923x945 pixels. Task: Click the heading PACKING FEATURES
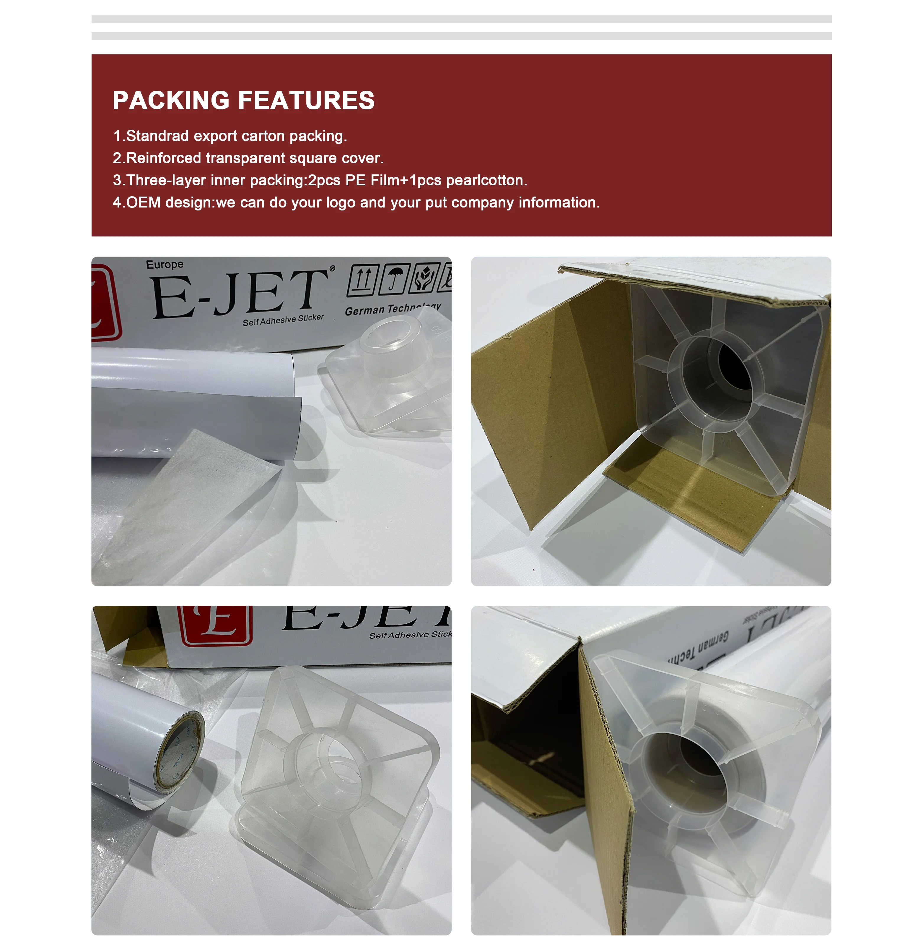point(243,101)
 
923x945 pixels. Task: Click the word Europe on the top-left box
point(165,264)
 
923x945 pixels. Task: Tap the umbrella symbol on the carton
point(395,279)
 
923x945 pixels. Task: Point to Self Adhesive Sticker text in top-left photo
point(283,320)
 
